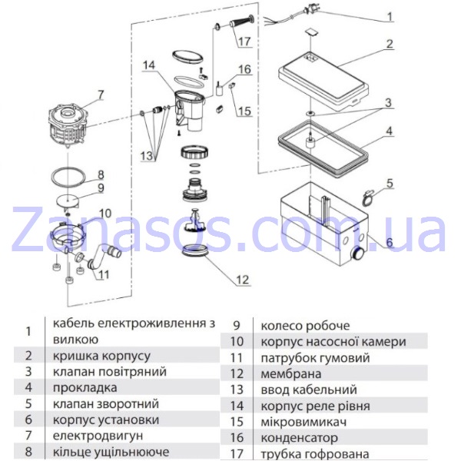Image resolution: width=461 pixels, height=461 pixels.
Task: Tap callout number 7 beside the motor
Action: coord(101,95)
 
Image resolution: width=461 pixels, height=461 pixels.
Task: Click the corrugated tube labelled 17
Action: coord(242,22)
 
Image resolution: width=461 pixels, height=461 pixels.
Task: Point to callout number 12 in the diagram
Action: coord(242,280)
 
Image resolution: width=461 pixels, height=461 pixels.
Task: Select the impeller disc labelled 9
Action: coord(68,201)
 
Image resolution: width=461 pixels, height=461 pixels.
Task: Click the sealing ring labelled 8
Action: coord(68,177)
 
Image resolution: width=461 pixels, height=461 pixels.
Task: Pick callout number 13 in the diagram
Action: coord(147,155)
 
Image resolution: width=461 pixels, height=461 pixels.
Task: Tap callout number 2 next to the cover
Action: coord(389,44)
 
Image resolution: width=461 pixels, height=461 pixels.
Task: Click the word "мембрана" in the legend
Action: coord(290,374)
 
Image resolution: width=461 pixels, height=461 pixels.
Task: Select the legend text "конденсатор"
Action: coord(300,438)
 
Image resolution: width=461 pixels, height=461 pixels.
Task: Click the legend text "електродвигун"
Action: coord(98,436)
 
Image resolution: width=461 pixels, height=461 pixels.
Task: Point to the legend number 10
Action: coord(237,341)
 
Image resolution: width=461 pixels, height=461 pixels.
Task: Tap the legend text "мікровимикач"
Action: coord(303,422)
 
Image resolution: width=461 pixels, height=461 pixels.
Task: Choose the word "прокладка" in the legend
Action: coord(85,388)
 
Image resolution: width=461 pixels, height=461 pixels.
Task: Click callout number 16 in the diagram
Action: coord(244,70)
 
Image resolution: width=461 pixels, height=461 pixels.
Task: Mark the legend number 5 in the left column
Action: coord(28,403)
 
